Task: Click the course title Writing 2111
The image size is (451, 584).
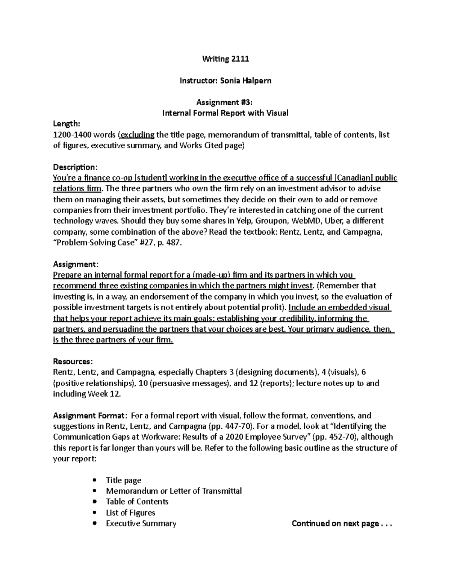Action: [x=225, y=59]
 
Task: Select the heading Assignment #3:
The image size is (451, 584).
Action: [x=225, y=102]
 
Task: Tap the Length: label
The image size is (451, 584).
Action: [x=67, y=124]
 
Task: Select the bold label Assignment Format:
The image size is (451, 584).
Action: [x=89, y=416]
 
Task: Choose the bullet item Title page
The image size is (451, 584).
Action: [x=124, y=480]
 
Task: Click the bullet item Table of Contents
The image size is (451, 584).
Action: [x=137, y=502]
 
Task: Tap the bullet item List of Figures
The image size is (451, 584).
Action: [x=130, y=513]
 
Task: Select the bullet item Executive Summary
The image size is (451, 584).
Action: [x=141, y=523]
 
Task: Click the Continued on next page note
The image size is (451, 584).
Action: [x=341, y=523]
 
